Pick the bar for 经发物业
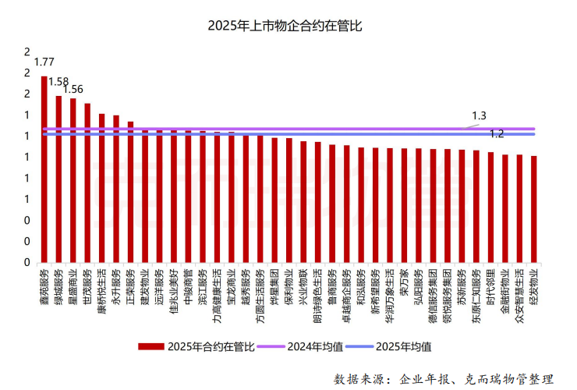(533, 208)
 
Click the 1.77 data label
(44, 62)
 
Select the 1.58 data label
(58, 81)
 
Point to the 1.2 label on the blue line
(496, 134)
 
